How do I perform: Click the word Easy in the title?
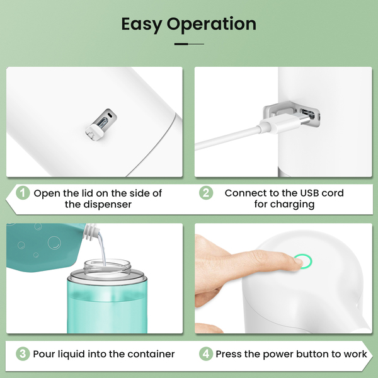[x=142, y=25]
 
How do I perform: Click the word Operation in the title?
[x=212, y=25]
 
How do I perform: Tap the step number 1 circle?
[x=23, y=193]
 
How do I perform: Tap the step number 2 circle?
[x=206, y=193]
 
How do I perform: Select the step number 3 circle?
[x=23, y=354]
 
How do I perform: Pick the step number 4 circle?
[x=206, y=354]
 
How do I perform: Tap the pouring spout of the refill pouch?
[x=91, y=232]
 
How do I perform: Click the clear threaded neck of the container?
[x=108, y=266]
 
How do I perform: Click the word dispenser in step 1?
[x=108, y=204]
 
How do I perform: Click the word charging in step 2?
[x=292, y=204]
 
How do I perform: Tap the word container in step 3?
[x=151, y=354]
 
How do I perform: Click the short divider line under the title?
[x=189, y=44]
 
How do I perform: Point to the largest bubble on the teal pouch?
[x=54, y=243]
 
